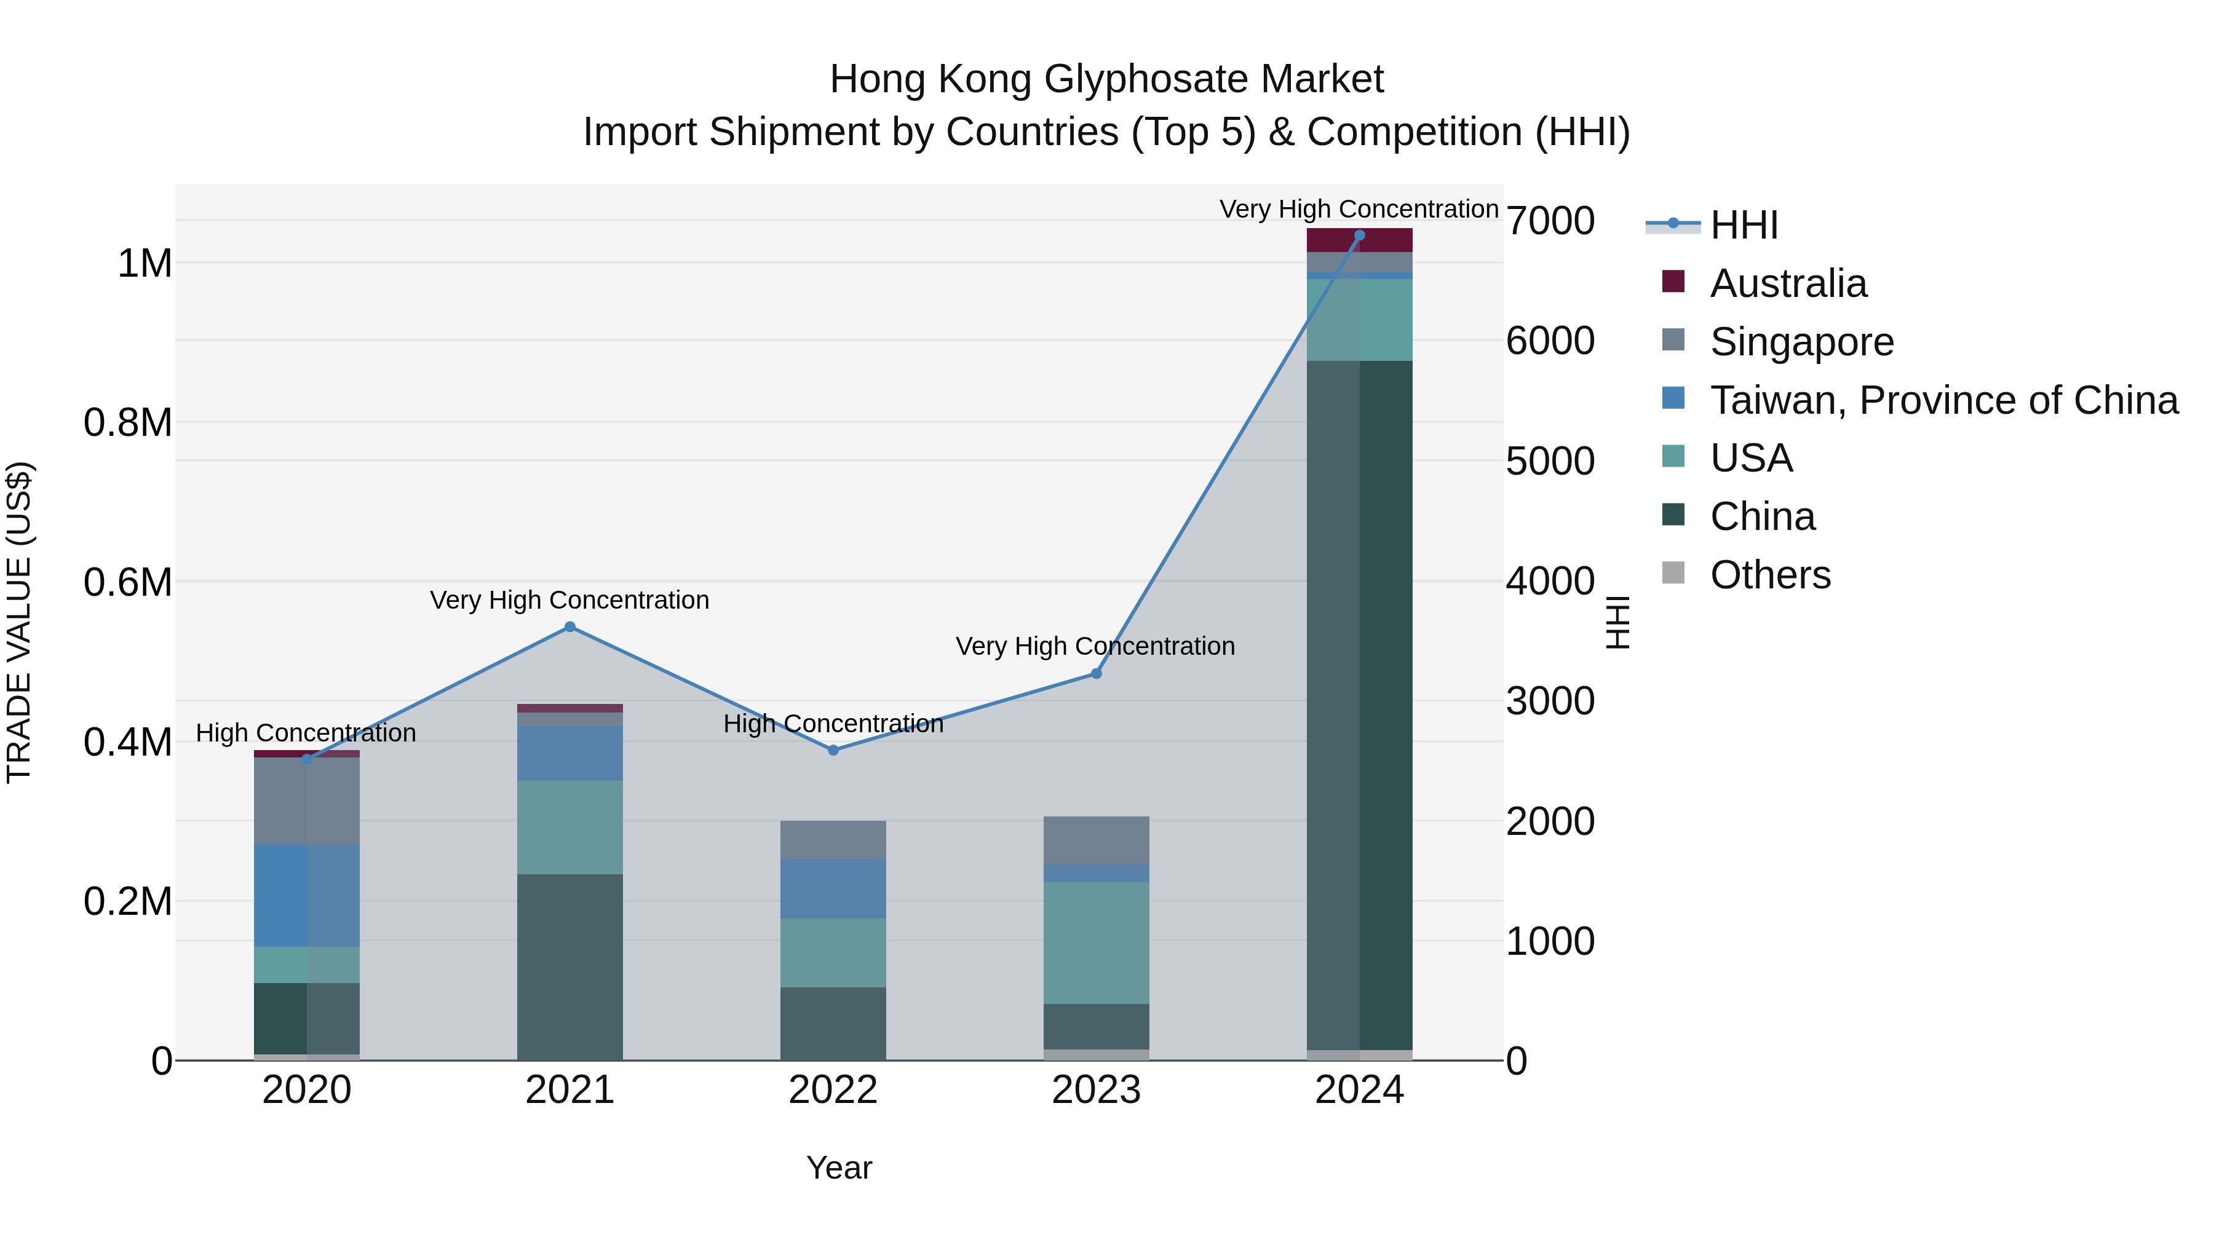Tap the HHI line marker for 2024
1359,235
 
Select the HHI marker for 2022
833,750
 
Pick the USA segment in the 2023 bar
1096,943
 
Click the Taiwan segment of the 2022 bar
833,888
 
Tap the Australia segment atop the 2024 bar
1359,240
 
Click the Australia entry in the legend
1788,283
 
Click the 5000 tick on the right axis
1550,461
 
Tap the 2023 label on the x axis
1096,1090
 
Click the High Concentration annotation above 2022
833,724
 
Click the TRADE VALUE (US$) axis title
19,622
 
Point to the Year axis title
839,1168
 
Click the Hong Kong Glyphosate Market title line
1106,79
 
